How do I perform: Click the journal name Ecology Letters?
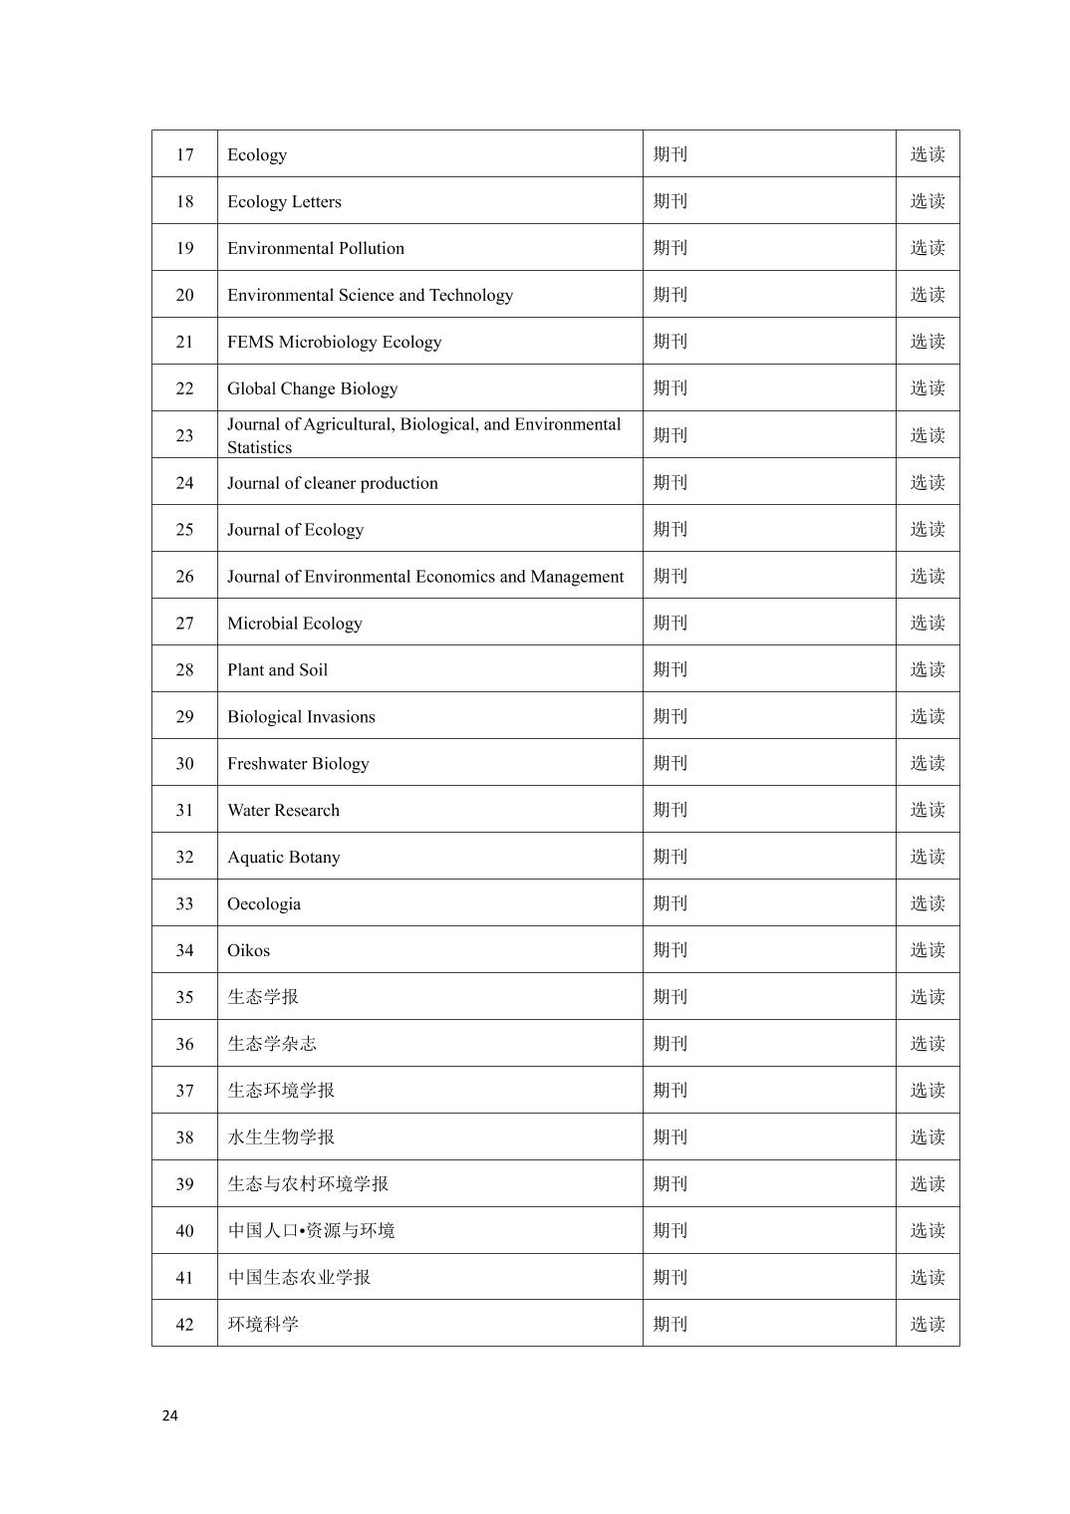click(x=284, y=201)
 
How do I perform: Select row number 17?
click(x=184, y=154)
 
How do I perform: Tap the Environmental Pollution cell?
click(x=316, y=248)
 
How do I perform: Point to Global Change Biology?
click(x=312, y=388)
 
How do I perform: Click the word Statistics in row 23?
click(x=259, y=447)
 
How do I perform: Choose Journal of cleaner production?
click(x=332, y=483)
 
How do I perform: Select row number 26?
click(x=184, y=577)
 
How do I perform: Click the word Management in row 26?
click(x=577, y=577)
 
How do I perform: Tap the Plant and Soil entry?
click(x=277, y=670)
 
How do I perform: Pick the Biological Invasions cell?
click(x=301, y=717)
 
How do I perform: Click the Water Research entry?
click(x=283, y=811)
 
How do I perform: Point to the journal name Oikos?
click(x=248, y=951)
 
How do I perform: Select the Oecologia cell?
click(x=263, y=904)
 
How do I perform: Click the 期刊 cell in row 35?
click(x=670, y=997)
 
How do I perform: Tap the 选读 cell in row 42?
click(x=927, y=1324)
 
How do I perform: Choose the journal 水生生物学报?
click(x=281, y=1137)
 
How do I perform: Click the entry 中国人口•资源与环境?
click(x=311, y=1231)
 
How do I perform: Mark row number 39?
click(x=184, y=1184)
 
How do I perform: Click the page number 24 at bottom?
click(x=169, y=1415)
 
